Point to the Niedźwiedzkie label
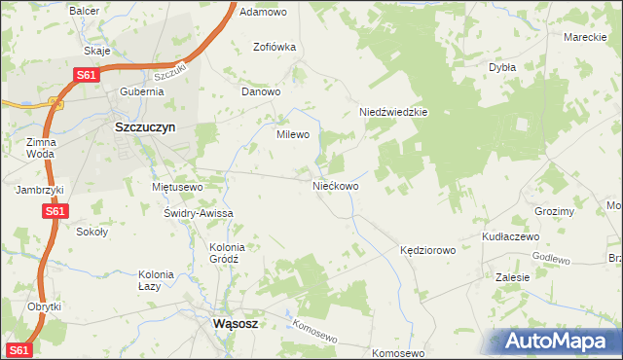393,112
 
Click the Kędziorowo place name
427,250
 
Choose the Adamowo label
263,13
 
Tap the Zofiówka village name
274,47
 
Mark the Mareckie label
586,37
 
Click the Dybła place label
501,68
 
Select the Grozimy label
555,211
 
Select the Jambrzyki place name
39,190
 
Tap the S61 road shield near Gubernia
86,74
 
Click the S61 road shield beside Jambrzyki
55,211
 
